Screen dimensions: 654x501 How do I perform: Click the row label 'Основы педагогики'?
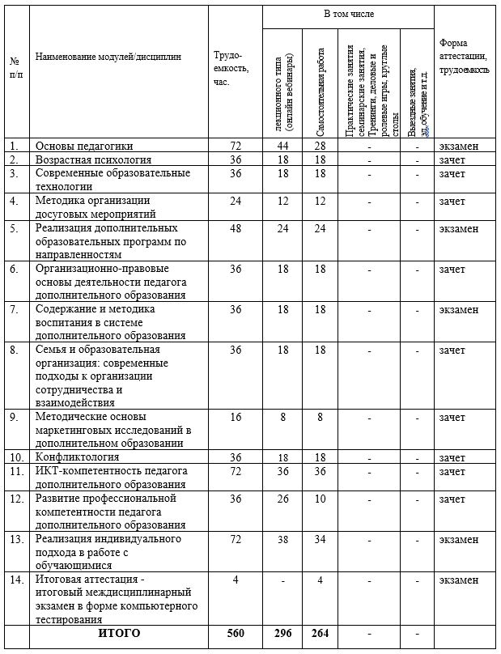click(x=84, y=146)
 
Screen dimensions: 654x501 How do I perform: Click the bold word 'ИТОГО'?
click(x=119, y=633)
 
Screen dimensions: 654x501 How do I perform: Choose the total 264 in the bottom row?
click(x=321, y=633)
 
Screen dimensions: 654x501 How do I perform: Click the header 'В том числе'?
click(x=348, y=15)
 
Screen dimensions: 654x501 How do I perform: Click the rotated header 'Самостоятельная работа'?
click(x=322, y=81)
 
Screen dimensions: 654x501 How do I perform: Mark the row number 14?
click(x=14, y=580)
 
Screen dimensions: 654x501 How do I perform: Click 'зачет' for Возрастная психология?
click(x=452, y=159)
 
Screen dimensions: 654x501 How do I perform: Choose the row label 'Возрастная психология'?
click(x=92, y=159)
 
